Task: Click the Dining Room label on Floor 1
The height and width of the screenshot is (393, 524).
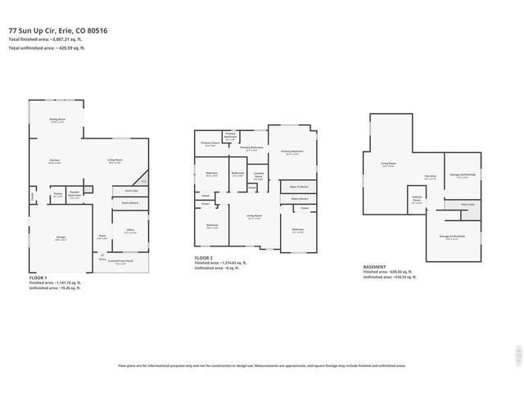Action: click(56, 120)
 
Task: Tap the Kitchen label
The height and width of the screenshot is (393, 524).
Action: click(54, 161)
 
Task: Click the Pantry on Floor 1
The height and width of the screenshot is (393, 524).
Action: click(58, 196)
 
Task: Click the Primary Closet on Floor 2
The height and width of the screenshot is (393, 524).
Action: click(210, 144)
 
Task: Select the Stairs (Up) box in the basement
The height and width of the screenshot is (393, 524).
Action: click(468, 204)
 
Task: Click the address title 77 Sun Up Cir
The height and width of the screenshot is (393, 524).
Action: click(58, 30)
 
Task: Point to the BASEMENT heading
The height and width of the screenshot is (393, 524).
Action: click(376, 267)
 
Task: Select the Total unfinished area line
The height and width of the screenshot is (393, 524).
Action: click(47, 48)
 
